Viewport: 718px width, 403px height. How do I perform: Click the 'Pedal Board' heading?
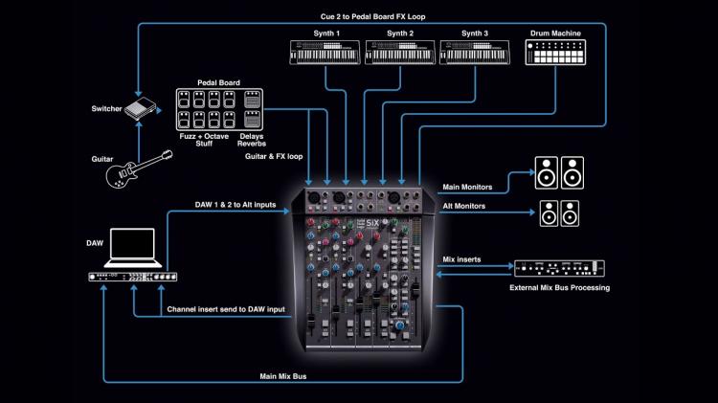pos(219,82)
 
